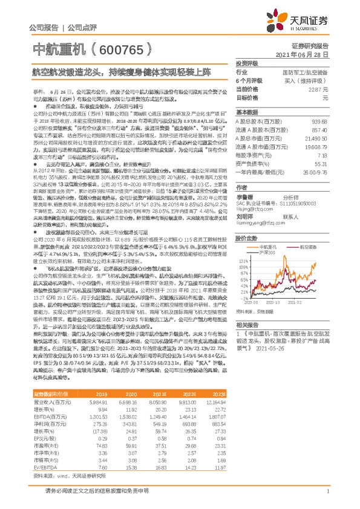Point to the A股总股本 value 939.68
[319, 121]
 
